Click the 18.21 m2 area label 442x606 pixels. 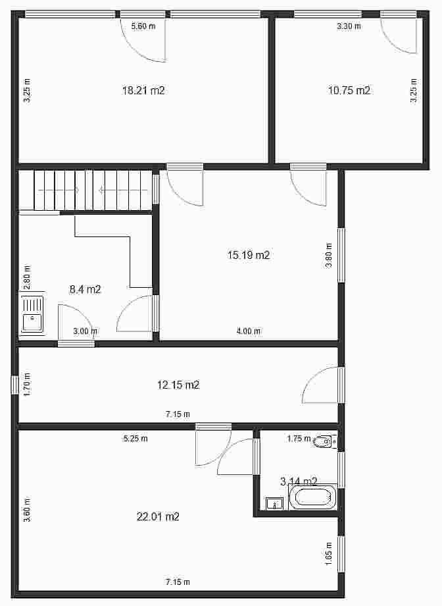tap(143, 90)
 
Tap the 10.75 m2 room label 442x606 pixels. tap(349, 90)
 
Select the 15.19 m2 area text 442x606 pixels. tap(249, 255)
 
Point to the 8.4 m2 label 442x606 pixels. tap(85, 289)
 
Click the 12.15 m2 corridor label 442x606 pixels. tap(178, 385)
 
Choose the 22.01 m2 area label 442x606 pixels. tap(158, 516)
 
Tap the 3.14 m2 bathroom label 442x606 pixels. tap(299, 482)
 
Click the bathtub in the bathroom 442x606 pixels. tap(312, 497)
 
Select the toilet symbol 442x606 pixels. tap(324, 441)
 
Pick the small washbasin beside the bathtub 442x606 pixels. tap(274, 503)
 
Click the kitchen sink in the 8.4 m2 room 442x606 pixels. tap(32, 313)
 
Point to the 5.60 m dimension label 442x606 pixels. tap(143, 26)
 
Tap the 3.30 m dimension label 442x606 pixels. tap(349, 26)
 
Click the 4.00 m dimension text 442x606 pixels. tap(249, 331)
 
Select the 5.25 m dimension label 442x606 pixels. tap(135, 438)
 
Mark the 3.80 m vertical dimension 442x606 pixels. tap(329, 255)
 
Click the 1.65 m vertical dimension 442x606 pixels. tap(329, 554)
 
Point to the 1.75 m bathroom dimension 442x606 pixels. tap(299, 438)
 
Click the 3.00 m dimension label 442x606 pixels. tap(86, 331)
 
